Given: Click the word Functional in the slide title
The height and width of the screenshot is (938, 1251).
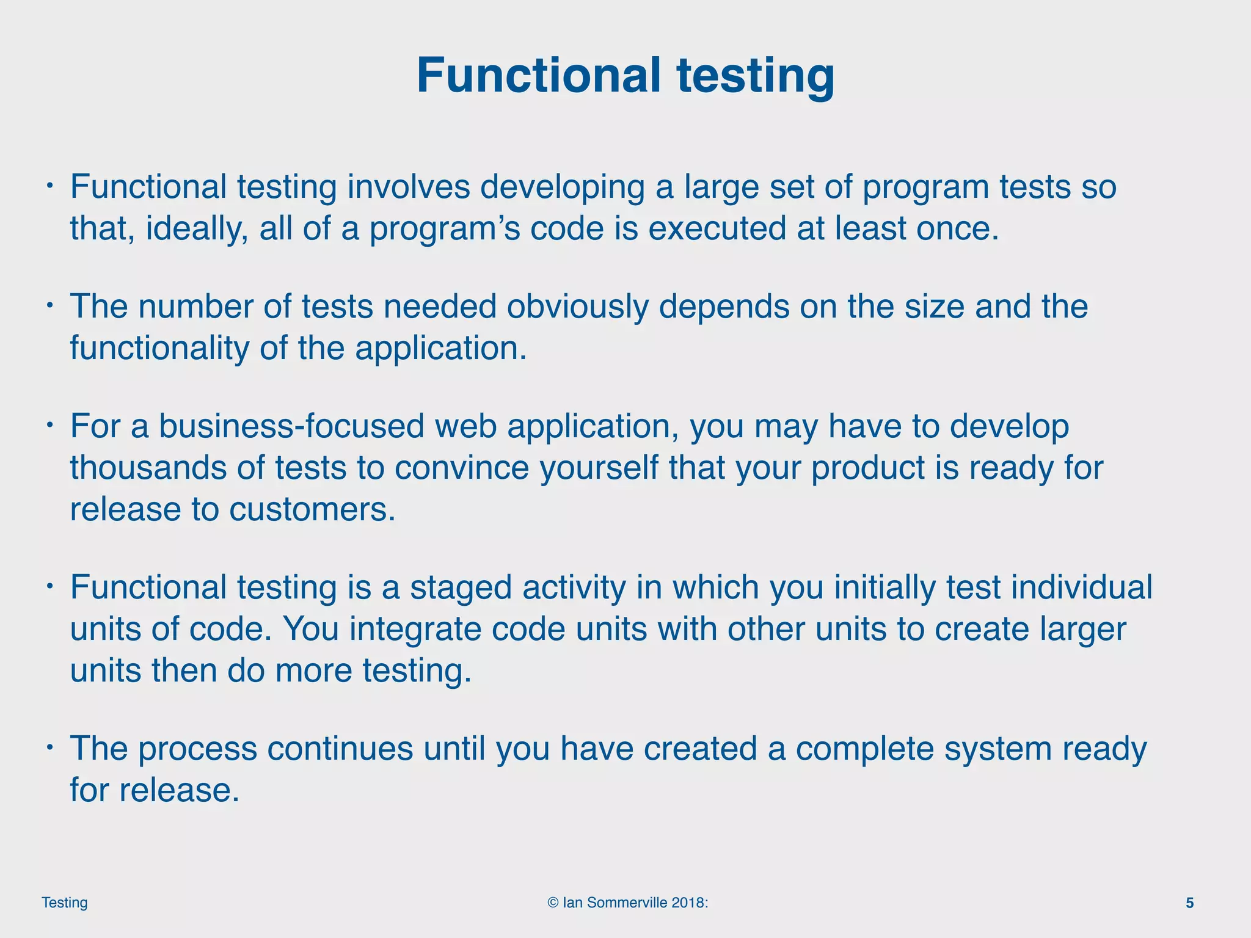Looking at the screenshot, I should point(538,76).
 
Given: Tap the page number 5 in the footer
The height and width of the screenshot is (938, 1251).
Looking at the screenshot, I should point(1189,903).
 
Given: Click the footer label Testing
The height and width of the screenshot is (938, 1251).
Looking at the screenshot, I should point(65,903).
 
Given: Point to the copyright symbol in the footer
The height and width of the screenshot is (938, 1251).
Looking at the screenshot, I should point(553,903).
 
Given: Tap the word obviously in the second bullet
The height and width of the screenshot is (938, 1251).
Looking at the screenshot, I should point(577,307).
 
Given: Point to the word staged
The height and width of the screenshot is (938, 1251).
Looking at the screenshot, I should point(461,588).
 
